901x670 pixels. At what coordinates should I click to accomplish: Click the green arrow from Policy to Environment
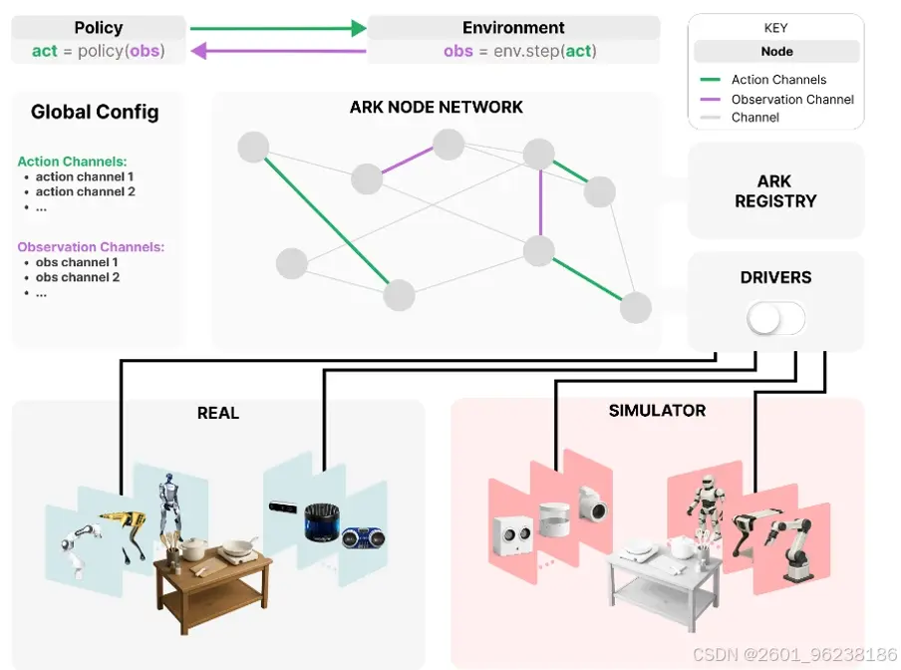click(x=278, y=28)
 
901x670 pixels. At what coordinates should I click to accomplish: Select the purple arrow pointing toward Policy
click(x=278, y=51)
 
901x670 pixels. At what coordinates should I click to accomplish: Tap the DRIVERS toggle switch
click(x=775, y=318)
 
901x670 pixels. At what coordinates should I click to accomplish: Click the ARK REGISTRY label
click(x=775, y=191)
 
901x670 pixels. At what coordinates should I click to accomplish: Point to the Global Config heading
click(x=95, y=112)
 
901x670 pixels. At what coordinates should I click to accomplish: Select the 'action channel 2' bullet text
click(x=85, y=191)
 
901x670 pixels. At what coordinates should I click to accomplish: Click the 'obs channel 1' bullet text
click(x=77, y=262)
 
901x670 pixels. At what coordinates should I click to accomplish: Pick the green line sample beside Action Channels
click(x=711, y=80)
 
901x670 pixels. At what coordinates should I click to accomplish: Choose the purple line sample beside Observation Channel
click(x=711, y=100)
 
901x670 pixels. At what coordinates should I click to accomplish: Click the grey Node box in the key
click(x=776, y=51)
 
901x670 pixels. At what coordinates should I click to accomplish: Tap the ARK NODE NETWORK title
click(x=437, y=107)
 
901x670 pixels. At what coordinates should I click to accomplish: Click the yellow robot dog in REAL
click(x=124, y=532)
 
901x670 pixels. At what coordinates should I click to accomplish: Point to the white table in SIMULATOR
click(x=665, y=580)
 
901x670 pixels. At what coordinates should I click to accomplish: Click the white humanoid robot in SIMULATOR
click(x=703, y=506)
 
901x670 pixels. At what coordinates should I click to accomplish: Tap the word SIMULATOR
click(x=657, y=410)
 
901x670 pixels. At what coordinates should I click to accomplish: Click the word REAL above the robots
click(x=218, y=413)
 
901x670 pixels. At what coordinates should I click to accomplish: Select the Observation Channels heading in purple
click(x=91, y=247)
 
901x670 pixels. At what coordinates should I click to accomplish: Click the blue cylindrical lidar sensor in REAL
click(x=322, y=521)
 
